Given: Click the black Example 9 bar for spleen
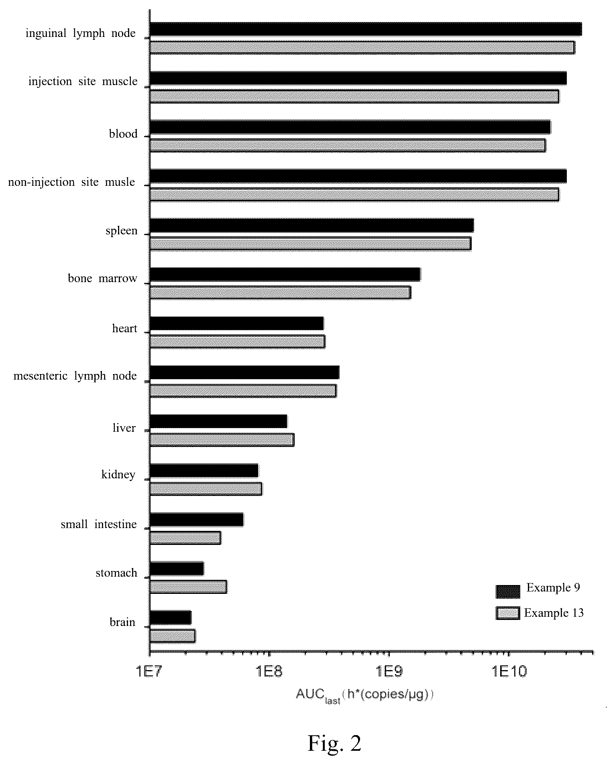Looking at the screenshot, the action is (x=312, y=226).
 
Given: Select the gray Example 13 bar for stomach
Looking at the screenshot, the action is (x=188, y=587).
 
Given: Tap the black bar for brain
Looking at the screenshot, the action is (x=171, y=618).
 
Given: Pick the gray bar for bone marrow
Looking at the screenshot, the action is (x=280, y=293).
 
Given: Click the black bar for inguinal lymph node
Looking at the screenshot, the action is (x=366, y=29).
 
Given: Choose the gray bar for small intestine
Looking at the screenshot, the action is (x=185, y=538).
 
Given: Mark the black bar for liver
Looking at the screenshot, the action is (x=218, y=421).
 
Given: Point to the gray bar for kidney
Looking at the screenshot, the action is (x=206, y=489).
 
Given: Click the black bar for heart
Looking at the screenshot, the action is (x=237, y=323).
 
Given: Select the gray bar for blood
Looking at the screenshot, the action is (x=348, y=145).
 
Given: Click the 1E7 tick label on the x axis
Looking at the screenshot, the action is (x=150, y=671).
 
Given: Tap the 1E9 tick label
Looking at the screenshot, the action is (x=389, y=671).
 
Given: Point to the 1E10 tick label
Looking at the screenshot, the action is (x=509, y=671).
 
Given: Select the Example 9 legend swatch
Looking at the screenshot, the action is (x=508, y=591).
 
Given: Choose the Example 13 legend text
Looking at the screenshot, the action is (x=554, y=613).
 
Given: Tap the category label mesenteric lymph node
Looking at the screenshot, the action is (x=75, y=376).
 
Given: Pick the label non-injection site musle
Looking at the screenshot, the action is (x=71, y=182).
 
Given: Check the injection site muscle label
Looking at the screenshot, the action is (x=83, y=81).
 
